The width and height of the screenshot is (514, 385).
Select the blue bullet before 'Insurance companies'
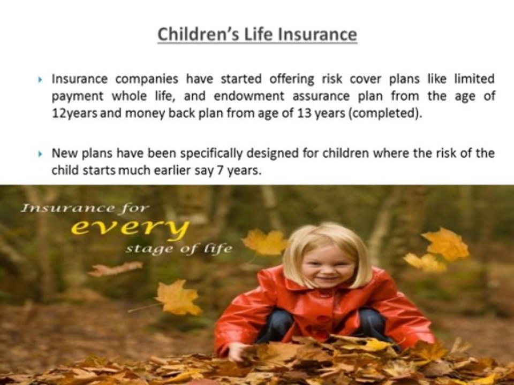(x=41, y=80)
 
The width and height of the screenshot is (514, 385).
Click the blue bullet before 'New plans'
(x=41, y=154)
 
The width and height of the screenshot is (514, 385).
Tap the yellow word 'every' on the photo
(x=130, y=229)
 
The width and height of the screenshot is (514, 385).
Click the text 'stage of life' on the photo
(x=179, y=249)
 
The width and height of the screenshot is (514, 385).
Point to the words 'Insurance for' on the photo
(x=85, y=208)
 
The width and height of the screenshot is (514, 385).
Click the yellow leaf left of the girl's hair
(x=264, y=242)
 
